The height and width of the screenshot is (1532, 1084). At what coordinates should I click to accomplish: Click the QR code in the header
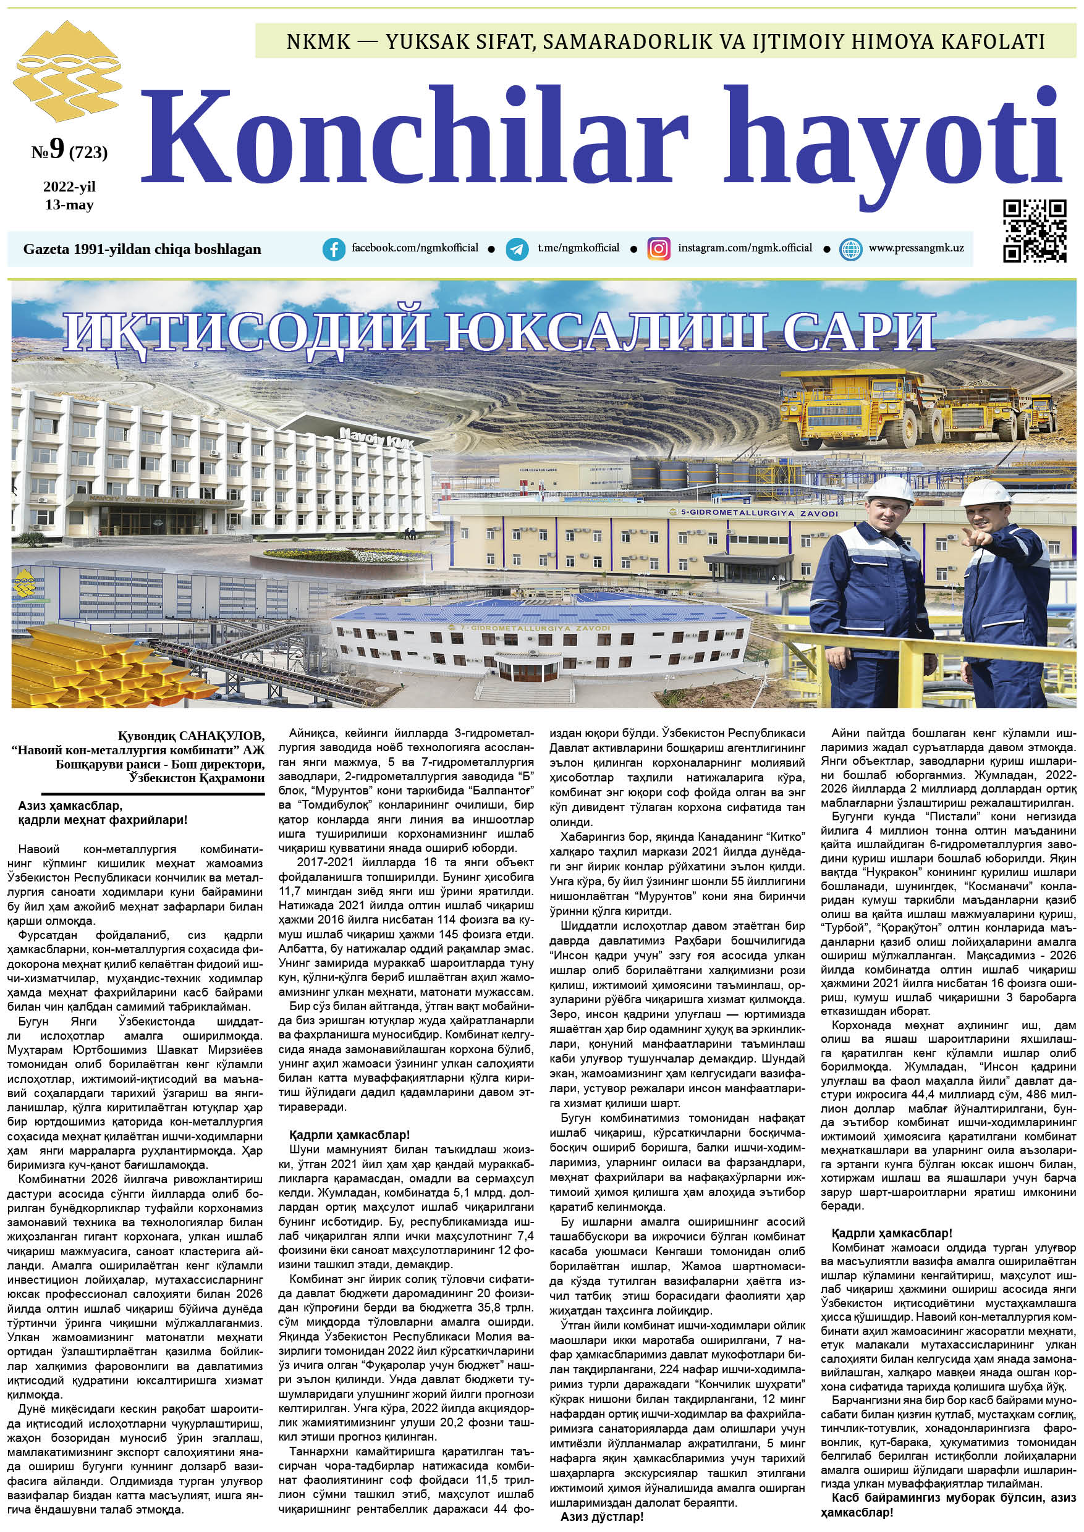1034,231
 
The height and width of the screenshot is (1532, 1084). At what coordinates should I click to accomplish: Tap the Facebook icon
334,249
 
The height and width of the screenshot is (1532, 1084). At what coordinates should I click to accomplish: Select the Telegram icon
517,249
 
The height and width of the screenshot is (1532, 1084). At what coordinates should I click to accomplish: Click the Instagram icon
658,249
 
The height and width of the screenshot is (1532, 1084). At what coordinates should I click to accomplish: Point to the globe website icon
850,249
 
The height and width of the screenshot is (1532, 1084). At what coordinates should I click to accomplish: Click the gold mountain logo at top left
66,72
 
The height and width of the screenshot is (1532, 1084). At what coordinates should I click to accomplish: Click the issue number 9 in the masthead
56,148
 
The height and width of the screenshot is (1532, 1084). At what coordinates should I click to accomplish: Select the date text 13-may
69,205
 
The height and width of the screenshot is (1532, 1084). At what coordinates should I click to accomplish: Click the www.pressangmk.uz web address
916,248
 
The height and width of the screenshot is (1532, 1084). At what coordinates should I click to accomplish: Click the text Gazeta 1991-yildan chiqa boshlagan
142,250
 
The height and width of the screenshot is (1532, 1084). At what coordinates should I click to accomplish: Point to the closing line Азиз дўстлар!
602,1517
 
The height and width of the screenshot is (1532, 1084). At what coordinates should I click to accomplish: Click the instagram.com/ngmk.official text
745,248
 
